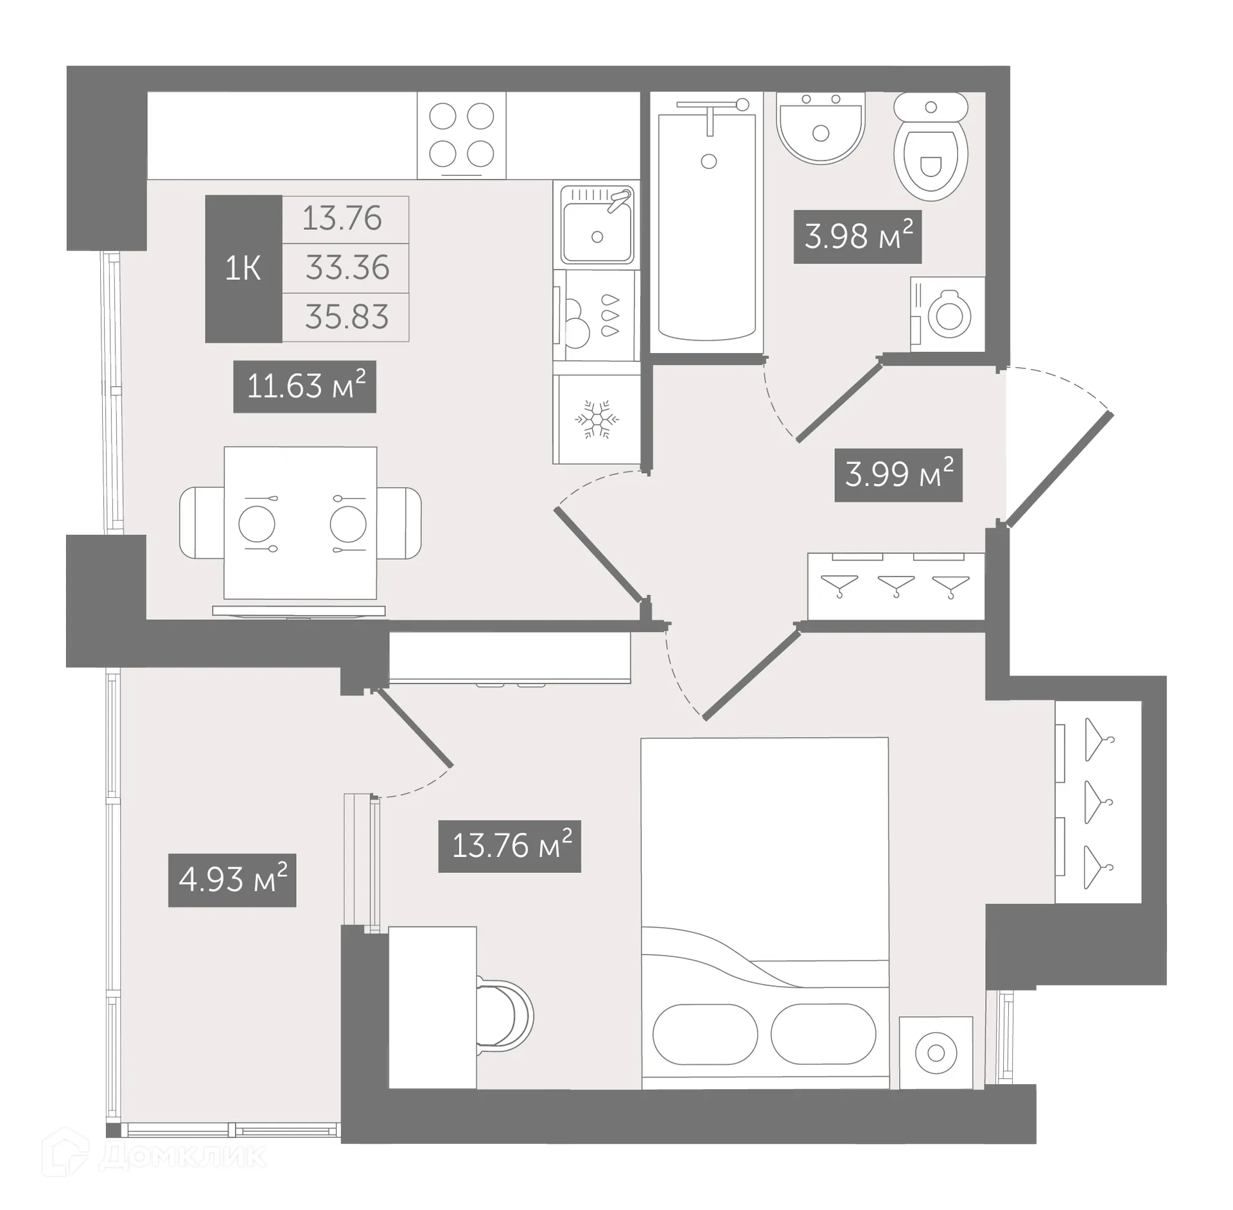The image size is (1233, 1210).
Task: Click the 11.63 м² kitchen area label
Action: pos(304,386)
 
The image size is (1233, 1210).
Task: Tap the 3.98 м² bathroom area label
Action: pos(857,237)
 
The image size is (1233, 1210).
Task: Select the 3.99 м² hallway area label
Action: pos(898,475)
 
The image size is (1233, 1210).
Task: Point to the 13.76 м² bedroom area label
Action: pos(509,846)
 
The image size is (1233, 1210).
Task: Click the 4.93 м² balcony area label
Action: pos(232,880)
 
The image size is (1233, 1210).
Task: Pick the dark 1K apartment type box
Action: pos(243,268)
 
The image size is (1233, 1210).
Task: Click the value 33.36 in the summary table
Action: pos(347,268)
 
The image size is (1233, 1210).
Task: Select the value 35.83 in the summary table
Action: pos(347,317)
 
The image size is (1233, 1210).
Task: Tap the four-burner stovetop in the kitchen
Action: pos(461,135)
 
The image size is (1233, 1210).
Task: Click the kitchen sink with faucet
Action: pos(597,225)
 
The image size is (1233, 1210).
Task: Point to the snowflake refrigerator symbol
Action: pos(597,420)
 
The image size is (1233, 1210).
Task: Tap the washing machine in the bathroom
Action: pos(948,315)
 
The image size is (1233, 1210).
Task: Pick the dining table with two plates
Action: pos(301,523)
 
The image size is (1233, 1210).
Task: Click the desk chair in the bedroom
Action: pos(507,1015)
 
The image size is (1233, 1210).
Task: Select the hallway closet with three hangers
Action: pos(895,586)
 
